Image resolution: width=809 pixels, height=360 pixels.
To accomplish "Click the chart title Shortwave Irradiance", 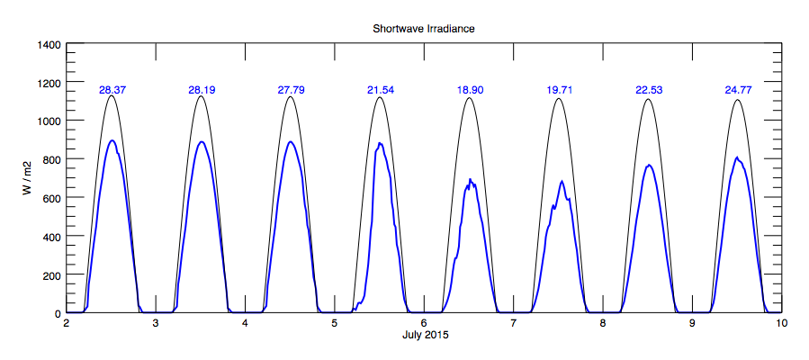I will point(423,29).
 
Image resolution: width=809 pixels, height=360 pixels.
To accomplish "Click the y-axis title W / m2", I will point(30,178).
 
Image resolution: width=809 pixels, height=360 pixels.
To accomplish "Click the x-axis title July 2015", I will point(424,335).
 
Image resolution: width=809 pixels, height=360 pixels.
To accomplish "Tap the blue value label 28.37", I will point(112,90).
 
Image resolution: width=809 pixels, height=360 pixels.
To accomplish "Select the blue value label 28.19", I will point(202,90).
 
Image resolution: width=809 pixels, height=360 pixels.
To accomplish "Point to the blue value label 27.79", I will point(291,90).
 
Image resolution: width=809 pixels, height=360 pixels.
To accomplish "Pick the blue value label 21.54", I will point(381,90).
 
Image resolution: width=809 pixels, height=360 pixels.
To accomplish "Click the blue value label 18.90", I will point(470,90).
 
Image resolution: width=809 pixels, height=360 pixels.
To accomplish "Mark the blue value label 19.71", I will point(560,90).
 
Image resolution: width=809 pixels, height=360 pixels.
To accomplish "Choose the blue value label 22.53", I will point(649,90).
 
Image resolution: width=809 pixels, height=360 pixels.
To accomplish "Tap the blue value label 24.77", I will point(738,90).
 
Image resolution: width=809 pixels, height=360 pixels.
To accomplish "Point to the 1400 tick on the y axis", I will point(49,45).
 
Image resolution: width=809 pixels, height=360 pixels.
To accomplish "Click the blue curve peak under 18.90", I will point(470,179).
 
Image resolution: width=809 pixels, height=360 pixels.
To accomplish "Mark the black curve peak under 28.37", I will point(112,95).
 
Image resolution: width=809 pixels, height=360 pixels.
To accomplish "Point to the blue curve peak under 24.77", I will point(737,157).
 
